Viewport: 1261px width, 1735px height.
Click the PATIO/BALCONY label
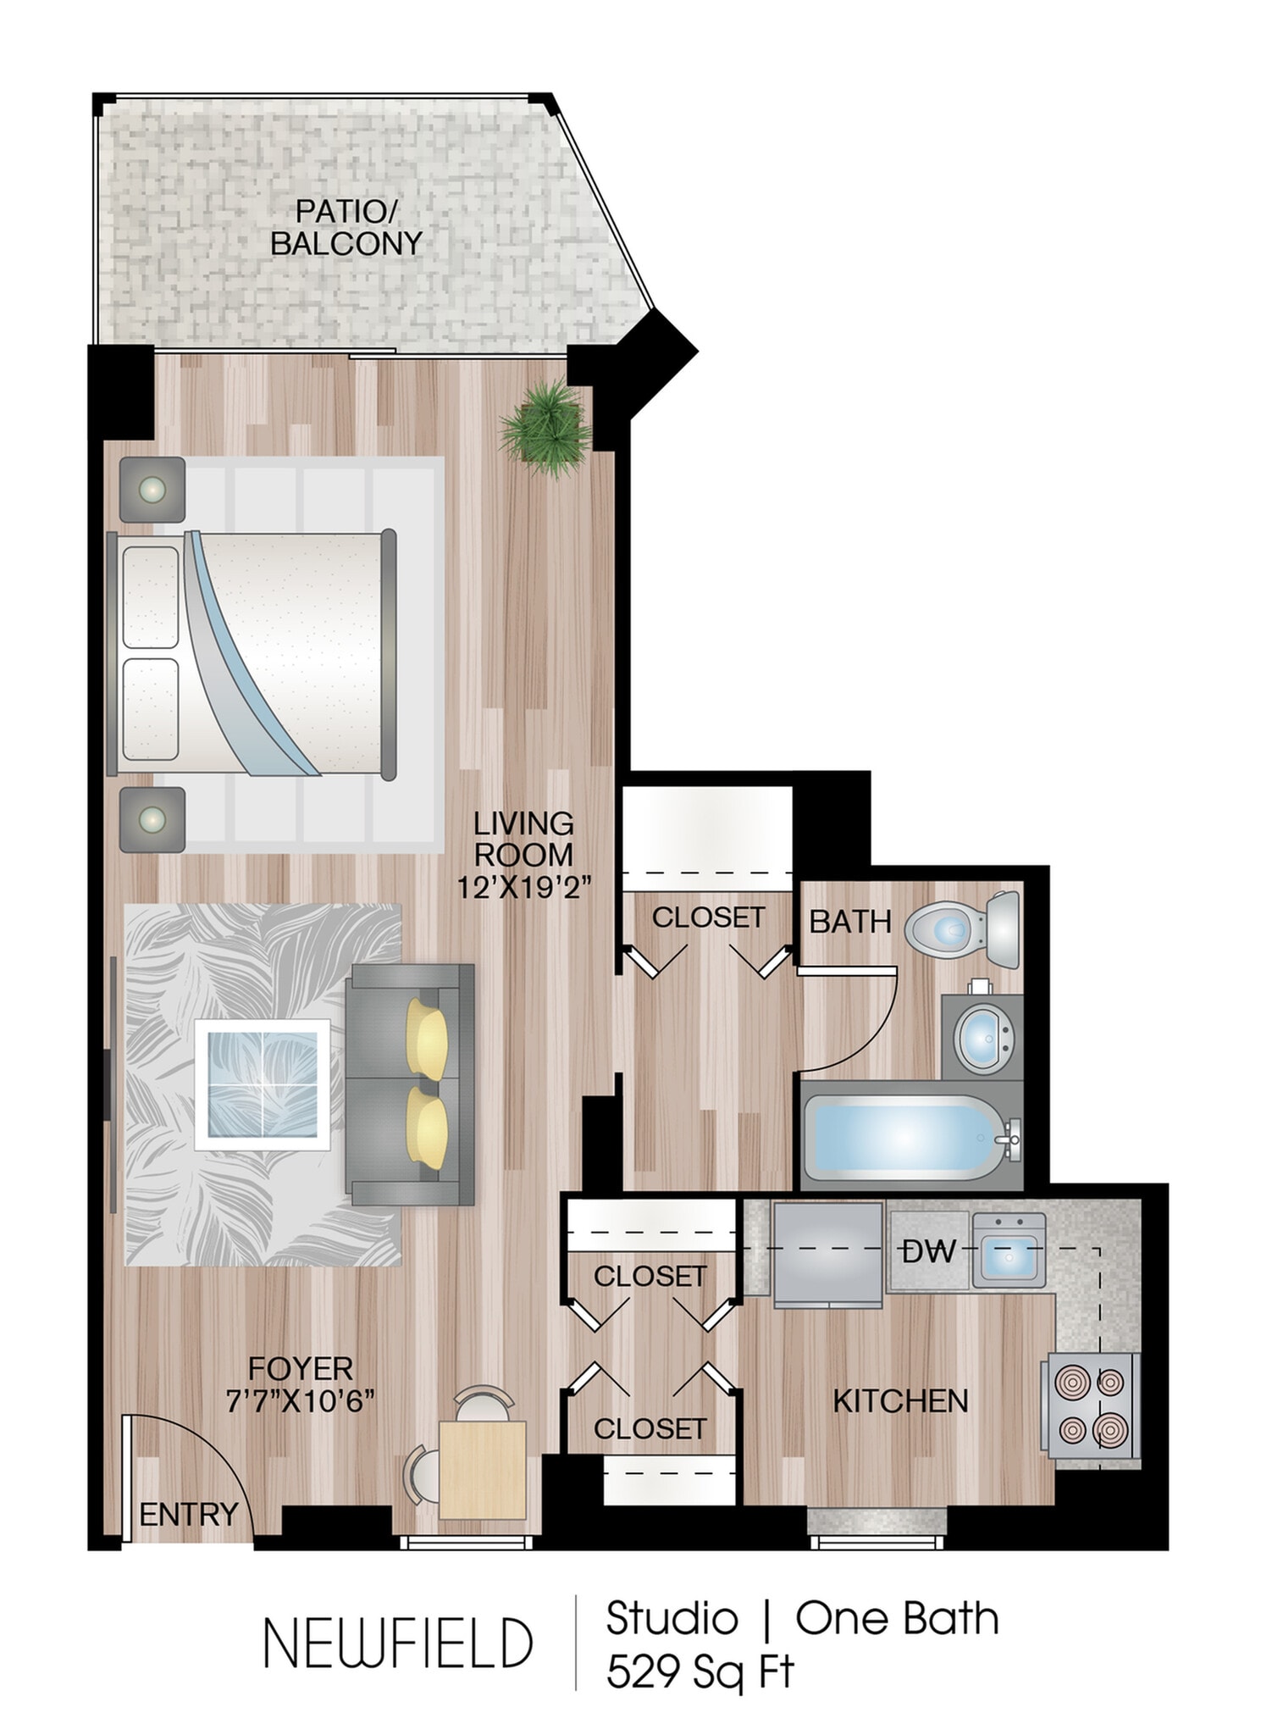click(346, 227)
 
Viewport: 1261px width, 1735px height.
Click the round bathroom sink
click(983, 1037)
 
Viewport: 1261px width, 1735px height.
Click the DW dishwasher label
click(929, 1251)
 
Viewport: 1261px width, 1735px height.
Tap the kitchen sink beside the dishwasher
click(1009, 1250)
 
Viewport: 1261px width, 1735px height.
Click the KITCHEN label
click(900, 1401)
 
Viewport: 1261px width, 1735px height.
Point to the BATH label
click(849, 922)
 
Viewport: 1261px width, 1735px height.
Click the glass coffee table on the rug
click(263, 1084)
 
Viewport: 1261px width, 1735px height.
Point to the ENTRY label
click(188, 1514)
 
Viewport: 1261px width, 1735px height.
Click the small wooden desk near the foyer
click(482, 1469)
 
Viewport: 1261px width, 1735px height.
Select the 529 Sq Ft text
click(700, 1671)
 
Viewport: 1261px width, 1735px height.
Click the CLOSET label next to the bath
click(708, 917)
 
